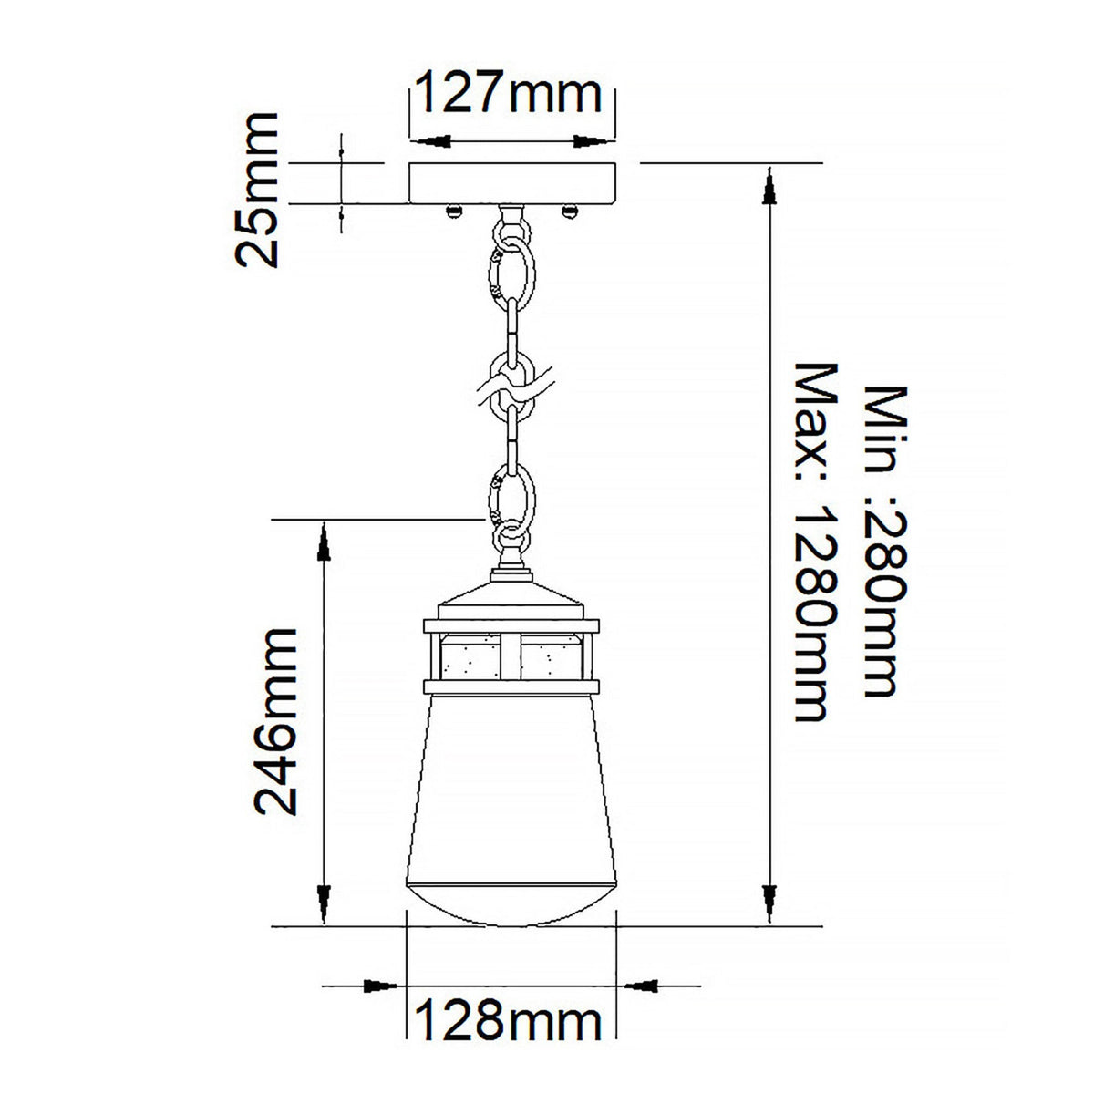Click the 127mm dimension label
click(509, 93)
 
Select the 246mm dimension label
click(274, 720)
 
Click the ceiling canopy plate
click(512, 183)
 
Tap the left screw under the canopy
click(451, 212)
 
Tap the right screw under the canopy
click(572, 212)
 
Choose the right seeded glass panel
click(552, 655)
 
